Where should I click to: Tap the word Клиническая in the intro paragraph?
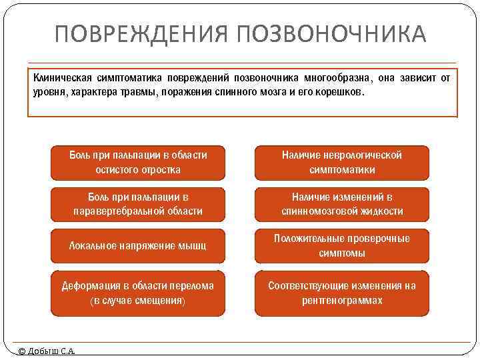coord(62,78)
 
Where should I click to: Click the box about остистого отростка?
coord(138,163)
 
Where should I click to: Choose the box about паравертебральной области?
coord(138,204)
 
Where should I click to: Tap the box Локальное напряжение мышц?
coord(138,245)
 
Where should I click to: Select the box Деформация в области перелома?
coord(138,293)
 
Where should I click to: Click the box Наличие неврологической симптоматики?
coord(342,163)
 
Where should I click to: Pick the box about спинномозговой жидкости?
coord(342,204)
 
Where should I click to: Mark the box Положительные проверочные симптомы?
coord(342,245)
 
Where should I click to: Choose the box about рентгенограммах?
coord(342,293)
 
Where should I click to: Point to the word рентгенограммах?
coord(342,301)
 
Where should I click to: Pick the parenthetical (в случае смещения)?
coord(138,301)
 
